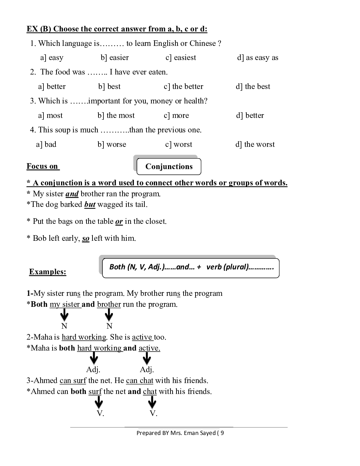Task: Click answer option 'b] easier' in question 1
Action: (x=115, y=58)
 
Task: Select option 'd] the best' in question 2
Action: (x=253, y=86)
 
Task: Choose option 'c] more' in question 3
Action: (x=176, y=115)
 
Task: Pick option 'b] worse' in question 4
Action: (x=112, y=144)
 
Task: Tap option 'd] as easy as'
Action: (x=258, y=58)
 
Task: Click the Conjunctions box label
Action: (x=169, y=167)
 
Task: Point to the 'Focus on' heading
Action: (x=42, y=166)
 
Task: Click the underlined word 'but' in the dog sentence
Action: (x=90, y=204)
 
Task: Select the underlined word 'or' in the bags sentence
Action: (x=119, y=221)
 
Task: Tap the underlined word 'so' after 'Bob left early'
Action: (x=86, y=239)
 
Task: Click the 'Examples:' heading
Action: (x=48, y=272)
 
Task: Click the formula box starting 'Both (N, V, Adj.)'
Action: (x=191, y=267)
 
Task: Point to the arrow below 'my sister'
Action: (x=64, y=314)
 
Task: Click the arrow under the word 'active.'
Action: (x=147, y=359)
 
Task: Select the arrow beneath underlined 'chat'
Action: (x=152, y=402)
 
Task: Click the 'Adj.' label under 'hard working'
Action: (x=93, y=370)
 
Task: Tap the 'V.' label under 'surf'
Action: (x=100, y=413)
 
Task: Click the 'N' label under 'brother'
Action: (x=109, y=326)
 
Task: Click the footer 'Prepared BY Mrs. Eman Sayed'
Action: (x=180, y=433)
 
